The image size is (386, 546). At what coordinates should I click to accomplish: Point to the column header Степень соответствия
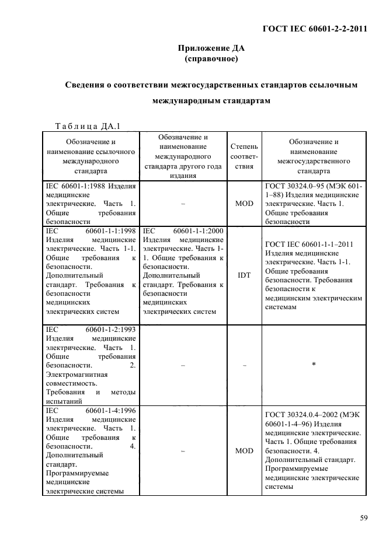(x=244, y=156)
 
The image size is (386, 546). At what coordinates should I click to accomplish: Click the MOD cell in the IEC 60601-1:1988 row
(x=244, y=204)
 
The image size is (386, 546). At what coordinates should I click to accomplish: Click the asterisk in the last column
(x=314, y=365)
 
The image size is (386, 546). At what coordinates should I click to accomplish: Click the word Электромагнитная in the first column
(x=72, y=374)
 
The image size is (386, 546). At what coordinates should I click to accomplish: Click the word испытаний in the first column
(x=63, y=401)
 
